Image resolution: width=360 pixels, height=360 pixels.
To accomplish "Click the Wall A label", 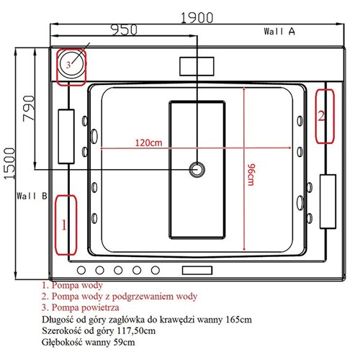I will pyautogui.click(x=279, y=32).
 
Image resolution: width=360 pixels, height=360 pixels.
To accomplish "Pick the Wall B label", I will pyautogui.click(x=33, y=195).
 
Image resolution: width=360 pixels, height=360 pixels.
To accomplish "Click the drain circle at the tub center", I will pyautogui.click(x=196, y=170).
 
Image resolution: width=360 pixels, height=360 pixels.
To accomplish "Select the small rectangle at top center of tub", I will pyautogui.click(x=197, y=65).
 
